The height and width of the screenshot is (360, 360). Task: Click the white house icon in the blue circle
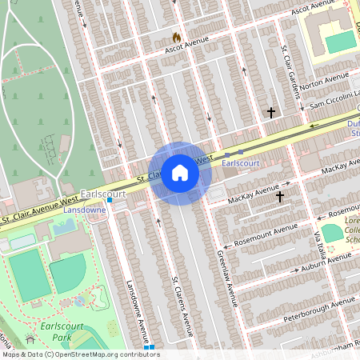pos(180,173)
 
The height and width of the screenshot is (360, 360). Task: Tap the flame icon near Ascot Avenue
pos(177,37)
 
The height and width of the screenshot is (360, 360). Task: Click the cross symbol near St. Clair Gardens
pos(271,113)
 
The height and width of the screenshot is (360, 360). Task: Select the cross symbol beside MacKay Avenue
pos(280,195)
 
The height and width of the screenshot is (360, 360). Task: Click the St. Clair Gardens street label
pos(289,72)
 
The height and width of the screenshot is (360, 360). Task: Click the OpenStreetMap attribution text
pos(80,354)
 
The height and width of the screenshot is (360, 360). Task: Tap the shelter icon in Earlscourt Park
pos(30,341)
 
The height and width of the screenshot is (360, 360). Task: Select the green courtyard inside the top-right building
pos(341,42)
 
